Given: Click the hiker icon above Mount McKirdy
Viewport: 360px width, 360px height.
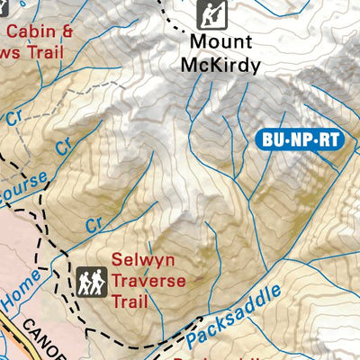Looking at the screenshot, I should pyautogui.click(x=211, y=14).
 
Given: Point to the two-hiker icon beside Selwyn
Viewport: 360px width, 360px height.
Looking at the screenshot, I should pyautogui.click(x=90, y=281).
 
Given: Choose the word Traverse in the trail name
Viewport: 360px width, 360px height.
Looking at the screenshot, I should pyautogui.click(x=148, y=281).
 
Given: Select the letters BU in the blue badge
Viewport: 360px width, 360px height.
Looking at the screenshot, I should pyautogui.click(x=272, y=139).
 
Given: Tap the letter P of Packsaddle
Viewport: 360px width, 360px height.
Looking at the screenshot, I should pyautogui.click(x=193, y=339).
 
